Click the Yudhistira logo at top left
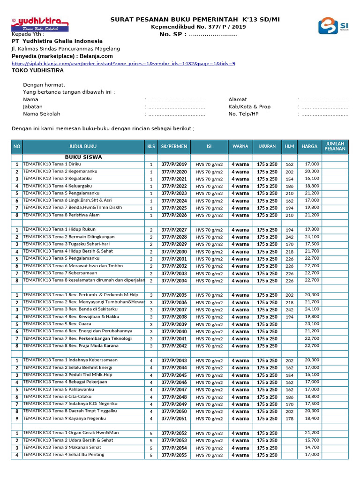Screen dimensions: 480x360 click(x=40, y=25)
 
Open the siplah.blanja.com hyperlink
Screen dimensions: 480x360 click(x=123, y=63)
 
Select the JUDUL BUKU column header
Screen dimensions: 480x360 click(x=83, y=146)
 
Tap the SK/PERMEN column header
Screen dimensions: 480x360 click(x=174, y=146)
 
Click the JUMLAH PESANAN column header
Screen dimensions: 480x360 click(x=335, y=146)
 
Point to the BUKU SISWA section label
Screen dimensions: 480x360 click(x=83, y=157)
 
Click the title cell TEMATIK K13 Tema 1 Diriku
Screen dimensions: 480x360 click(x=52, y=164)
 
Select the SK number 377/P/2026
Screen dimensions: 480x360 click(x=174, y=215)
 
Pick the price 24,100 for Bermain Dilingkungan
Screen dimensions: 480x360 click(x=312, y=237)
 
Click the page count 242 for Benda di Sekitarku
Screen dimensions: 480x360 click(x=289, y=310)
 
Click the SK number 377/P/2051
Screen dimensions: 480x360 click(x=174, y=419)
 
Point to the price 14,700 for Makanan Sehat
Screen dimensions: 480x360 click(x=312, y=448)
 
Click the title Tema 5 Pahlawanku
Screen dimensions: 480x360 click(x=55, y=389)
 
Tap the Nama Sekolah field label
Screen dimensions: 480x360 click(x=42, y=114)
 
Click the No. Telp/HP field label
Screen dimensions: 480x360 click(x=243, y=114)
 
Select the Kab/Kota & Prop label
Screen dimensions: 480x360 click(x=249, y=106)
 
